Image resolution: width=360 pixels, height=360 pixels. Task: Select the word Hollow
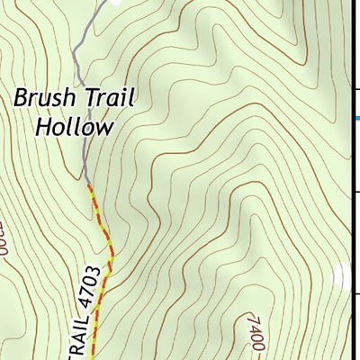(75, 126)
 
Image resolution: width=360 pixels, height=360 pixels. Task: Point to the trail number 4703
(87, 288)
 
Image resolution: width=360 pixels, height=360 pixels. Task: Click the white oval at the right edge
(342, 277)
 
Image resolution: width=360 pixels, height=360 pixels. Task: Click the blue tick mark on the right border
(357, 118)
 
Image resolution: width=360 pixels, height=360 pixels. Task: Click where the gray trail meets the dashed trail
(87, 184)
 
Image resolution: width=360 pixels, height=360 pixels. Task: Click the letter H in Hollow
(41, 126)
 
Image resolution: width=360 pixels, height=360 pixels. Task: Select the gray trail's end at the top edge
(100, 2)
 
